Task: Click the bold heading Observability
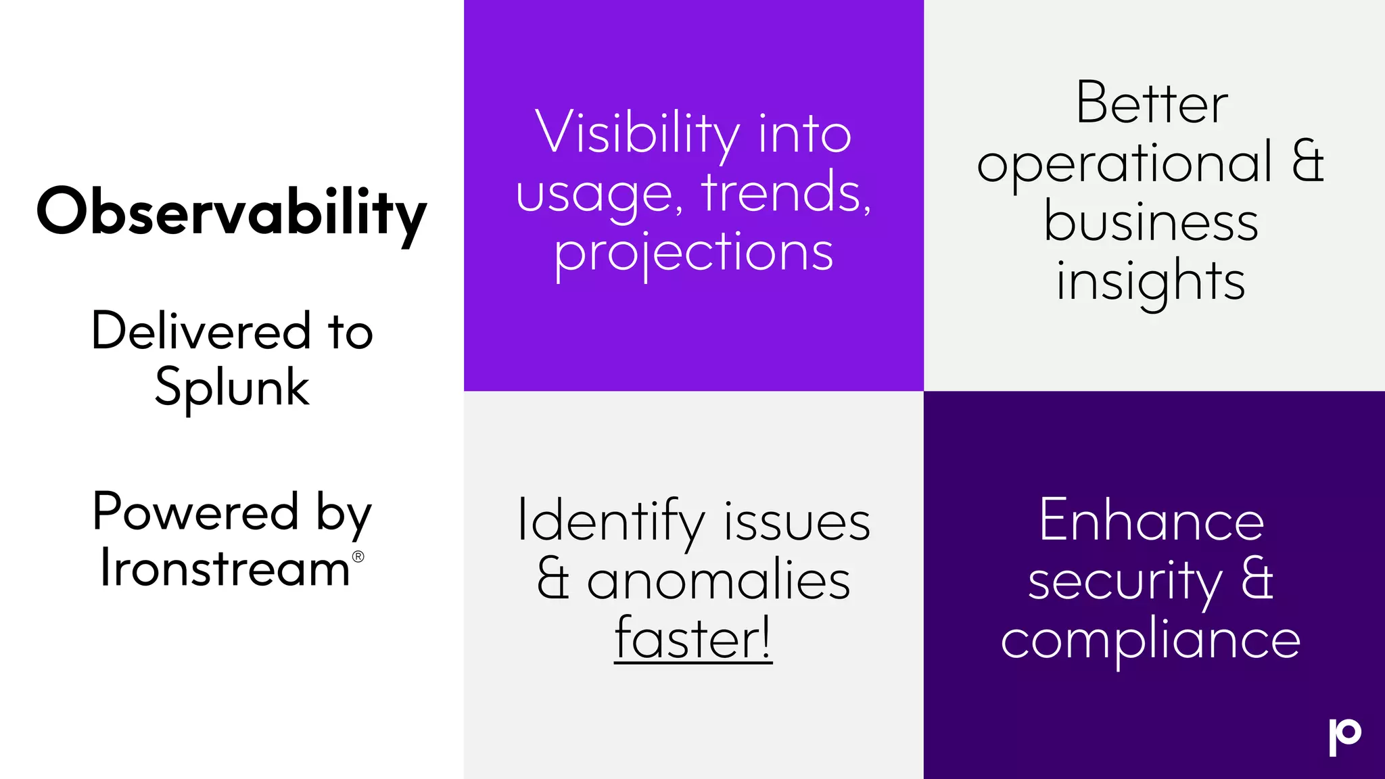pyautogui.click(x=231, y=213)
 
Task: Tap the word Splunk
pyautogui.click(x=232, y=388)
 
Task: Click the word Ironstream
pyautogui.click(x=225, y=568)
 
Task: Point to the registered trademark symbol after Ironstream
pyautogui.click(x=358, y=557)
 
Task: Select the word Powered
pyautogui.click(x=195, y=512)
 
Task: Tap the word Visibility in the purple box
pyautogui.click(x=637, y=133)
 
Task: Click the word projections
pyautogui.click(x=694, y=253)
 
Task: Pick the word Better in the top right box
pyautogui.click(x=1152, y=103)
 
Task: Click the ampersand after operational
pyautogui.click(x=1308, y=162)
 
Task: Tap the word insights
pyautogui.click(x=1150, y=281)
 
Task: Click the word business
pyautogui.click(x=1151, y=222)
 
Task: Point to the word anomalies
pyautogui.click(x=718, y=581)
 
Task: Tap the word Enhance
pyautogui.click(x=1152, y=521)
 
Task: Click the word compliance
pyautogui.click(x=1150, y=640)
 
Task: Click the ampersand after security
pyautogui.click(x=1257, y=580)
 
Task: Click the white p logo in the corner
pyautogui.click(x=1344, y=736)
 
